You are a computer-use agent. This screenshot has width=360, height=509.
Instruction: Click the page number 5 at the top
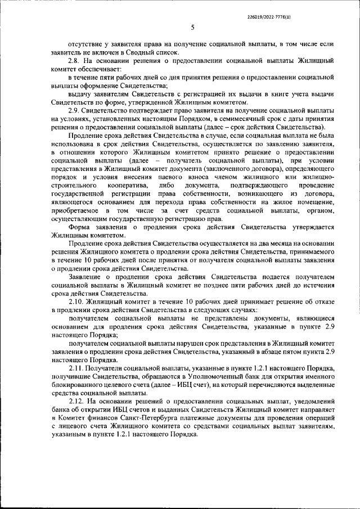point(192,26)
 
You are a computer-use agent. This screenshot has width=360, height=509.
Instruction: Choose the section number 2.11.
point(75,367)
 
